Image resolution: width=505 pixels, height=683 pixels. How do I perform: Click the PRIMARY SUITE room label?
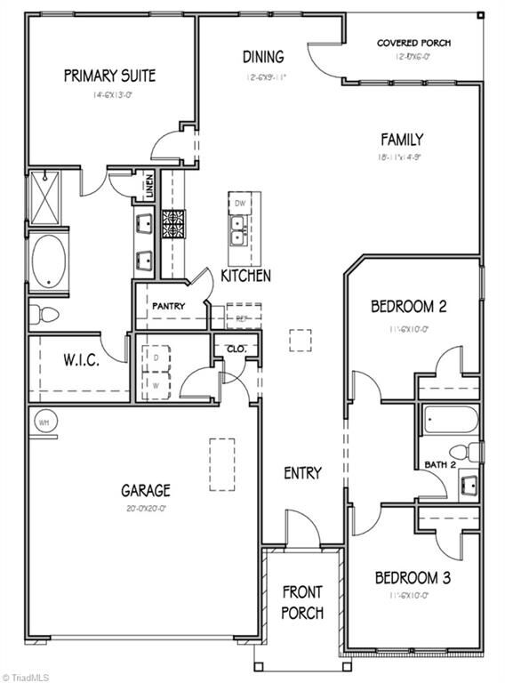pos(109,76)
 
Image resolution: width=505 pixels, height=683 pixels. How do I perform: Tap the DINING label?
pos(263,57)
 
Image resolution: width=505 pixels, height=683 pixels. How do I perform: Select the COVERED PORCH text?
pos(413,43)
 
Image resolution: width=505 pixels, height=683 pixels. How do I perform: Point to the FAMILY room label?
pos(402,140)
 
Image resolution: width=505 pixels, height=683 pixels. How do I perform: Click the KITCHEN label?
pos(245,276)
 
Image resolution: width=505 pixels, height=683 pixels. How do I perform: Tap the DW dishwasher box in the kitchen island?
pos(239,204)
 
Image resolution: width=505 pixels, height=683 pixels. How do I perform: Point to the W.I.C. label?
pos(80,361)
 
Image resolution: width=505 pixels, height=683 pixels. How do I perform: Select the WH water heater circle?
pos(43,422)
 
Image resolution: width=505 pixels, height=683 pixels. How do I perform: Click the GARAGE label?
pos(146,490)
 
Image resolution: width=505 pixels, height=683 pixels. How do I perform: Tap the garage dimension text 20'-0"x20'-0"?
pos(146,510)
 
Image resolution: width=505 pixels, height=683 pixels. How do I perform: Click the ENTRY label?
pos(302,473)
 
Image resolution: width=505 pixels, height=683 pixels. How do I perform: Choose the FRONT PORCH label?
pos(302,602)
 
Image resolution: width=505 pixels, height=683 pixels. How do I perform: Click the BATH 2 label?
pos(440,464)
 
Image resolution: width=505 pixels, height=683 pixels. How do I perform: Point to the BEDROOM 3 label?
pos(413,578)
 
